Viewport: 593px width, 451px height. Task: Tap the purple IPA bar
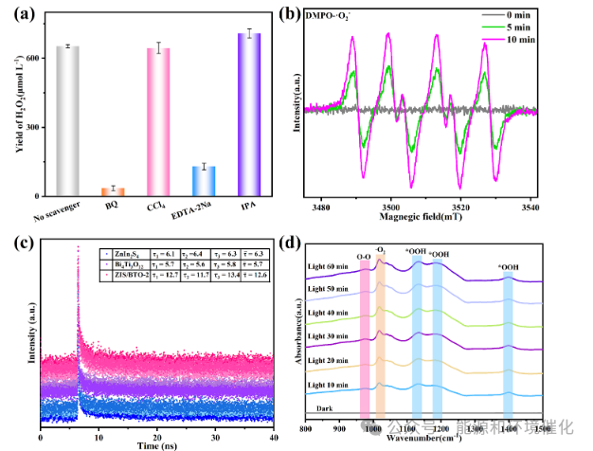pos(248,114)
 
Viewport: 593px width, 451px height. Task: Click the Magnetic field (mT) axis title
pos(425,219)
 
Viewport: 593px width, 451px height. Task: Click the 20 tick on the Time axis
pos(156,431)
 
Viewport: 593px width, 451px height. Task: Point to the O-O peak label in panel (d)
pos(363,253)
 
